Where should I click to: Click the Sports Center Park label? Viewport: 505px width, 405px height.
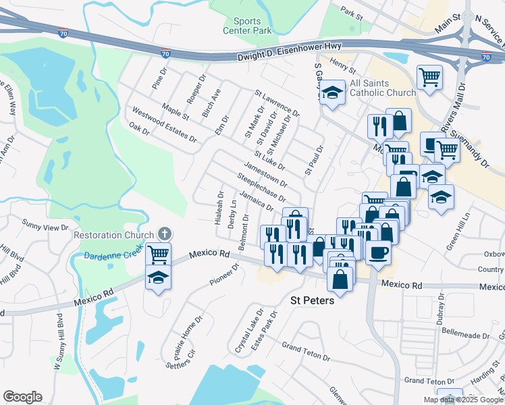[247, 26]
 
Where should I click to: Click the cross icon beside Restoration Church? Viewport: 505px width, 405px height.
[163, 234]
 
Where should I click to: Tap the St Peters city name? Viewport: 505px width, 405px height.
[311, 300]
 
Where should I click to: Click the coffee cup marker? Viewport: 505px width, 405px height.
[378, 252]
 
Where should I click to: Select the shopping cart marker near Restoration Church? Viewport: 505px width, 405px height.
[158, 255]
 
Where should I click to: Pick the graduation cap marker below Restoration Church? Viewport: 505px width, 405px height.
[158, 278]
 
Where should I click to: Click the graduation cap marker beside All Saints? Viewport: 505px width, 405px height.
[331, 92]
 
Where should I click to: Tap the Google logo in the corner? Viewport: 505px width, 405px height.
[22, 397]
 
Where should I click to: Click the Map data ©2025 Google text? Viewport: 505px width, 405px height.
[463, 400]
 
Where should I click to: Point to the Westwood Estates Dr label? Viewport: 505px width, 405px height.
[164, 124]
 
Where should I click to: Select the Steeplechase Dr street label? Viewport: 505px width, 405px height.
[261, 188]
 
